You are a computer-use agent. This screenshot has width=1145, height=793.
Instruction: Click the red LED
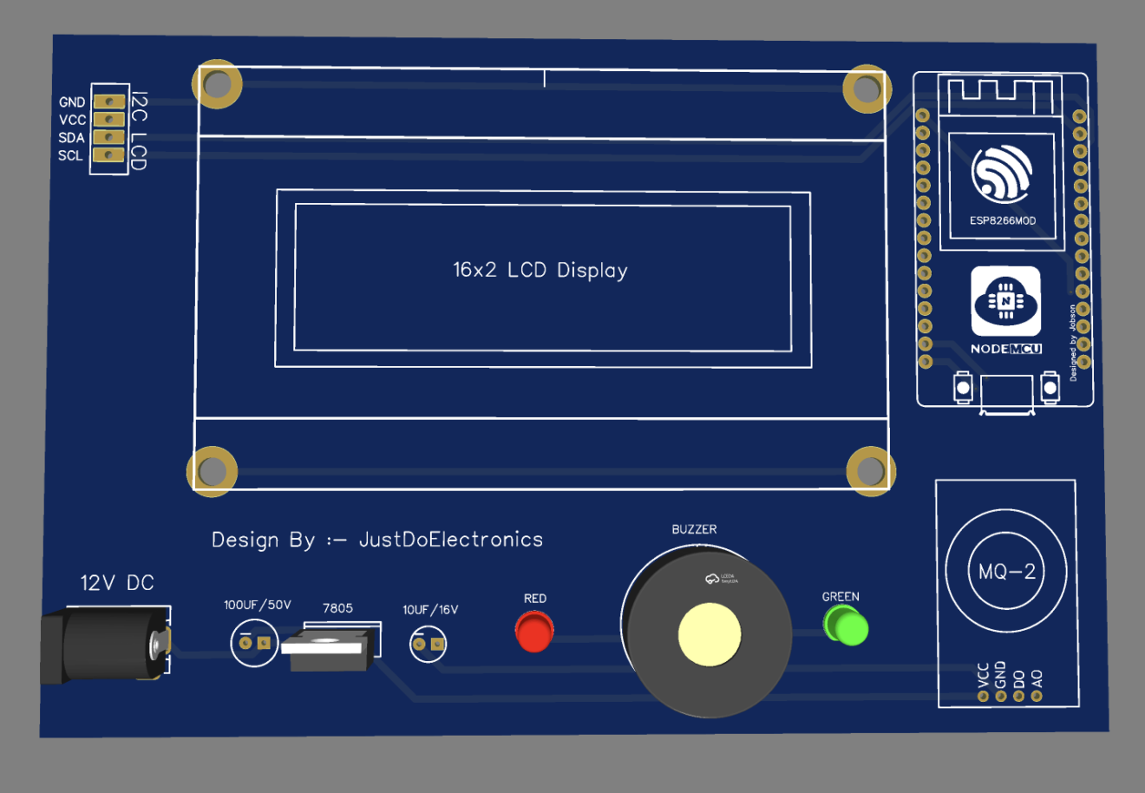pyautogui.click(x=534, y=631)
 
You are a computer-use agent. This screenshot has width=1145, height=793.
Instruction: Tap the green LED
pyautogui.click(x=846, y=626)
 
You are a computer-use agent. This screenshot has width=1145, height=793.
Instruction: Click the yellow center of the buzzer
pyautogui.click(x=710, y=634)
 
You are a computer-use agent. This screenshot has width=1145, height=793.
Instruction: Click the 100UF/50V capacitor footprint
pyautogui.click(x=254, y=643)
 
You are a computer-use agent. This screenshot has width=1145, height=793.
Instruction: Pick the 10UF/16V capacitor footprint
pyautogui.click(x=428, y=644)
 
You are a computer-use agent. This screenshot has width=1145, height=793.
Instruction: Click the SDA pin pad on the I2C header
pyautogui.click(x=108, y=137)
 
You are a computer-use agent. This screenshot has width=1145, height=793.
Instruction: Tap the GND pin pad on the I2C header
pyautogui.click(x=108, y=102)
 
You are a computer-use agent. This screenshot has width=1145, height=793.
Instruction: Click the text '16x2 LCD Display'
pyautogui.click(x=540, y=270)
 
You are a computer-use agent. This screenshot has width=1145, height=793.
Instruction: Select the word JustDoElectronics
pyautogui.click(x=451, y=540)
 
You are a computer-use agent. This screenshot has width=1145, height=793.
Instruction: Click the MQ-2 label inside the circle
pyautogui.click(x=1006, y=572)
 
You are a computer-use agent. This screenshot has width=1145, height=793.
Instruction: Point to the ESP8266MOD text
pyautogui.click(x=1003, y=220)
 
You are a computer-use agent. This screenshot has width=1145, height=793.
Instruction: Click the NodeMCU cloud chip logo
pyautogui.click(x=1005, y=301)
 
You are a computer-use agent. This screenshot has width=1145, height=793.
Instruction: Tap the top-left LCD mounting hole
pyautogui.click(x=217, y=84)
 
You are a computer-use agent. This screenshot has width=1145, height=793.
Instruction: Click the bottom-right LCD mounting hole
pyautogui.click(x=870, y=471)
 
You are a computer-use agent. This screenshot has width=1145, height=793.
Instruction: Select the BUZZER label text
pyautogui.click(x=694, y=529)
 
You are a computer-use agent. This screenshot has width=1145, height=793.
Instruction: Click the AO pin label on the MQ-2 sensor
pyautogui.click(x=1037, y=678)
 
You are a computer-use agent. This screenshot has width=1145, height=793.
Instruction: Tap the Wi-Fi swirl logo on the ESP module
pyautogui.click(x=1002, y=172)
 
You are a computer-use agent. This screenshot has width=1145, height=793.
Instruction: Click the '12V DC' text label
pyautogui.click(x=117, y=583)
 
